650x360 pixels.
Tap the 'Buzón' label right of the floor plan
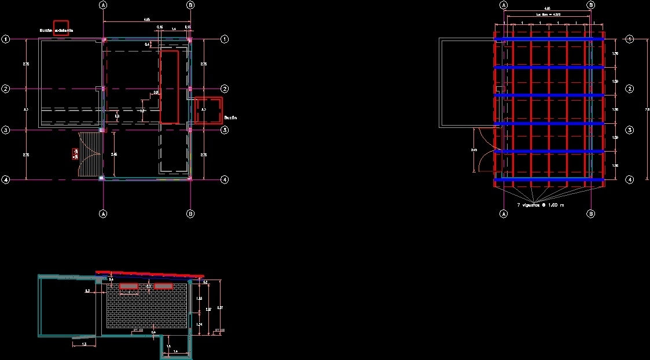(230, 117)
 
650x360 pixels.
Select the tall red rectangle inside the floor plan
(169, 86)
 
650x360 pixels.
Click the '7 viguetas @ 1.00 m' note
(540, 205)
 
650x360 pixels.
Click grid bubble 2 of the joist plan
(630, 89)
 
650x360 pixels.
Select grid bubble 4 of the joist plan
(630, 179)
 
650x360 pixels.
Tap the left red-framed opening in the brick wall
(128, 286)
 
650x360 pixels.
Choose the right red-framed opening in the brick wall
(164, 286)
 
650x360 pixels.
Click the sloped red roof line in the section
(149, 273)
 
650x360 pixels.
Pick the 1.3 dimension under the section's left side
(84, 344)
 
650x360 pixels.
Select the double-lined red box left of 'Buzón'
(208, 109)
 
